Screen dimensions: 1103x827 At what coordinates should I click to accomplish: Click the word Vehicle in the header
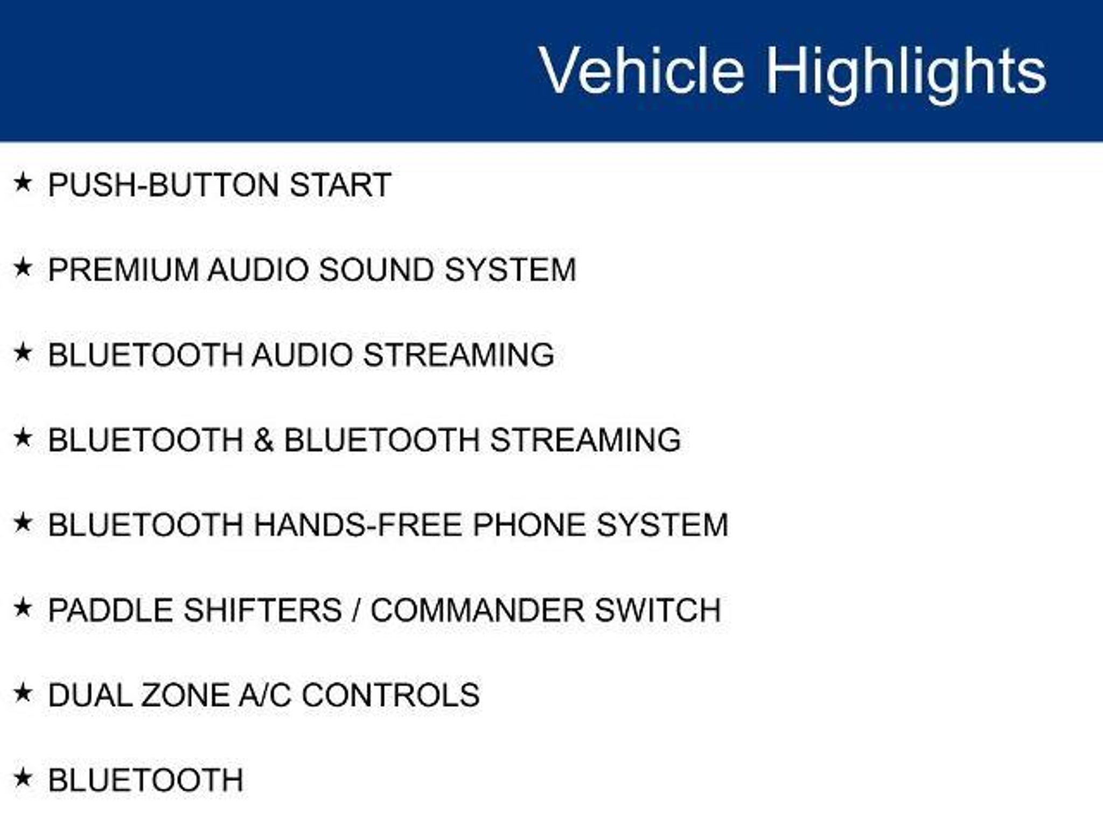[641, 70]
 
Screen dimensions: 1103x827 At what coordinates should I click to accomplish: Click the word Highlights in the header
[906, 73]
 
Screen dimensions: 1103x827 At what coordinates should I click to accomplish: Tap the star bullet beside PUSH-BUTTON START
[23, 183]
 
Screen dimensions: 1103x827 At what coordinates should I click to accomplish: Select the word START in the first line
[340, 185]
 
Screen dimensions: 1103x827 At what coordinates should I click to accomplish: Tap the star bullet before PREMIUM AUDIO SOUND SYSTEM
[23, 267]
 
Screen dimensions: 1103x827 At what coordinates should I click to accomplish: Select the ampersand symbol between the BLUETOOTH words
[264, 440]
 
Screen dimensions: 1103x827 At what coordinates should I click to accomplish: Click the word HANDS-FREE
[358, 525]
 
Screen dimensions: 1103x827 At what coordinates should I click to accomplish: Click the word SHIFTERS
[263, 610]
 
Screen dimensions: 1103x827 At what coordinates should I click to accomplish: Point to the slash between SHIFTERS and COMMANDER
[356, 610]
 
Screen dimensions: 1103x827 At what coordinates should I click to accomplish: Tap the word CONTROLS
[391, 695]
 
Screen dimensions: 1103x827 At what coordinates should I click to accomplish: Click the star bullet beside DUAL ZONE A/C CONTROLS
[23, 693]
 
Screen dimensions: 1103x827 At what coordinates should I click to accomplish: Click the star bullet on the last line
[23, 778]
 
